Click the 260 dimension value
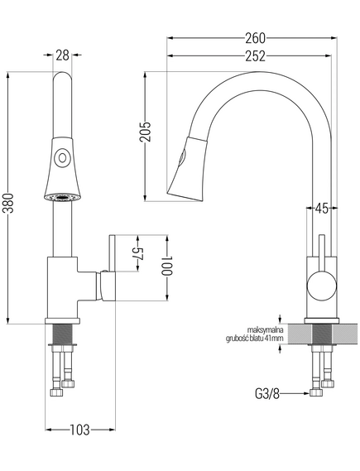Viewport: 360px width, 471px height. (255, 38)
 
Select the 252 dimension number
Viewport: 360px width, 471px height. (255, 56)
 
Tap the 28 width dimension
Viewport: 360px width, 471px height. (62, 55)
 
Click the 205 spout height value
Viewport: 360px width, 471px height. (146, 132)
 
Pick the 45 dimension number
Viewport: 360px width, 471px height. (322, 208)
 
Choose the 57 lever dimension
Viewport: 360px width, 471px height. (138, 254)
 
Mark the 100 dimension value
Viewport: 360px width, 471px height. (166, 266)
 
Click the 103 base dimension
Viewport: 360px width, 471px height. (80, 430)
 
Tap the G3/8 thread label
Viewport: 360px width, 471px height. (267, 394)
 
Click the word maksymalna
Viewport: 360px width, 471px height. (266, 330)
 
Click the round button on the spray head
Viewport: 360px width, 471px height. (62, 157)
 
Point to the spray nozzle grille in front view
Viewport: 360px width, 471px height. (62, 197)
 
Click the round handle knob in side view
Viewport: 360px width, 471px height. (322, 286)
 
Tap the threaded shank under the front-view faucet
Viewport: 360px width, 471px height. (62, 334)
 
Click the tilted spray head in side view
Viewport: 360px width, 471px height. (187, 169)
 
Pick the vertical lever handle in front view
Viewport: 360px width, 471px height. (113, 254)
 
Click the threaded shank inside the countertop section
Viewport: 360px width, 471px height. (322, 334)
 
